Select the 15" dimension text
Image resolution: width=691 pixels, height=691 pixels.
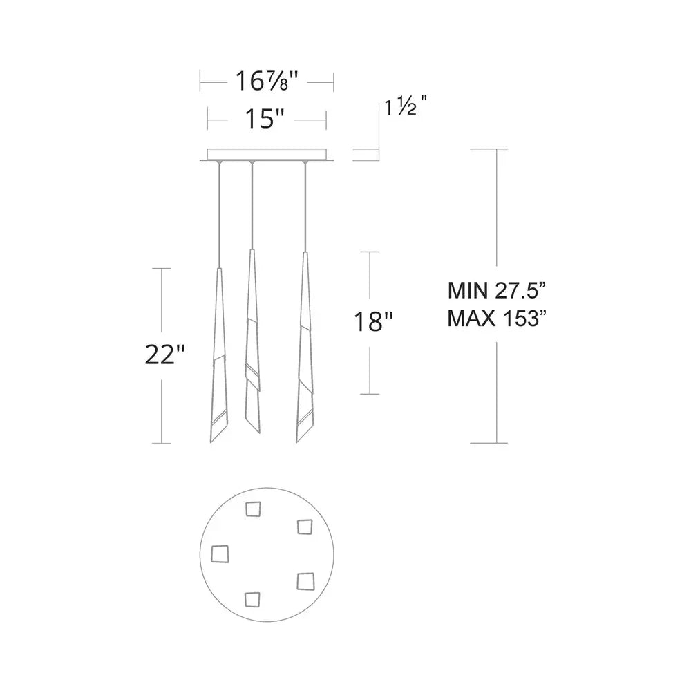coord(265,119)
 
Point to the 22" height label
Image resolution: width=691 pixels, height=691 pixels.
coord(165,354)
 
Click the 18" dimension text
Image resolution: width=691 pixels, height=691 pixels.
coord(373,322)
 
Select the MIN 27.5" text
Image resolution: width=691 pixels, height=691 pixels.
coord(497,291)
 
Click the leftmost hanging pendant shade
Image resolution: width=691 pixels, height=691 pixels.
coord(219,355)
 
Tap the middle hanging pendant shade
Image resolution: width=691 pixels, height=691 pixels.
coord(252,341)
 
